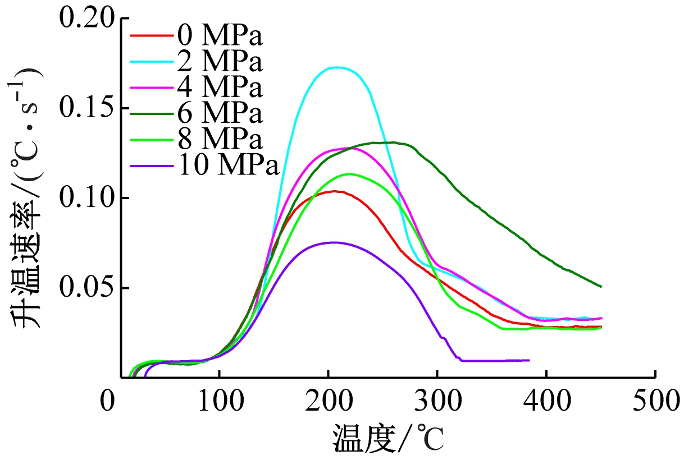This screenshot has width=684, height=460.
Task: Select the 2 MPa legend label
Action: coord(220,62)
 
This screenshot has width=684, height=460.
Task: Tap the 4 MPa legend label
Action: coord(220,88)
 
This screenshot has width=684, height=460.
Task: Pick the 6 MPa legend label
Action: coord(220,113)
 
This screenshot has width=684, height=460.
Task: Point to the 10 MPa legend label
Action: coord(229,165)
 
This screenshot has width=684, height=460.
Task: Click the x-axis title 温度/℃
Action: coord(388,438)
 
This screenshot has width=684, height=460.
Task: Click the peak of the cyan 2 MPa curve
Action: coord(337,67)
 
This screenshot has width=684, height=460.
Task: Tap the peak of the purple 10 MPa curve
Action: coord(334,242)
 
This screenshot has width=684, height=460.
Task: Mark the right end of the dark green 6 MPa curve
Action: coord(601,287)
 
